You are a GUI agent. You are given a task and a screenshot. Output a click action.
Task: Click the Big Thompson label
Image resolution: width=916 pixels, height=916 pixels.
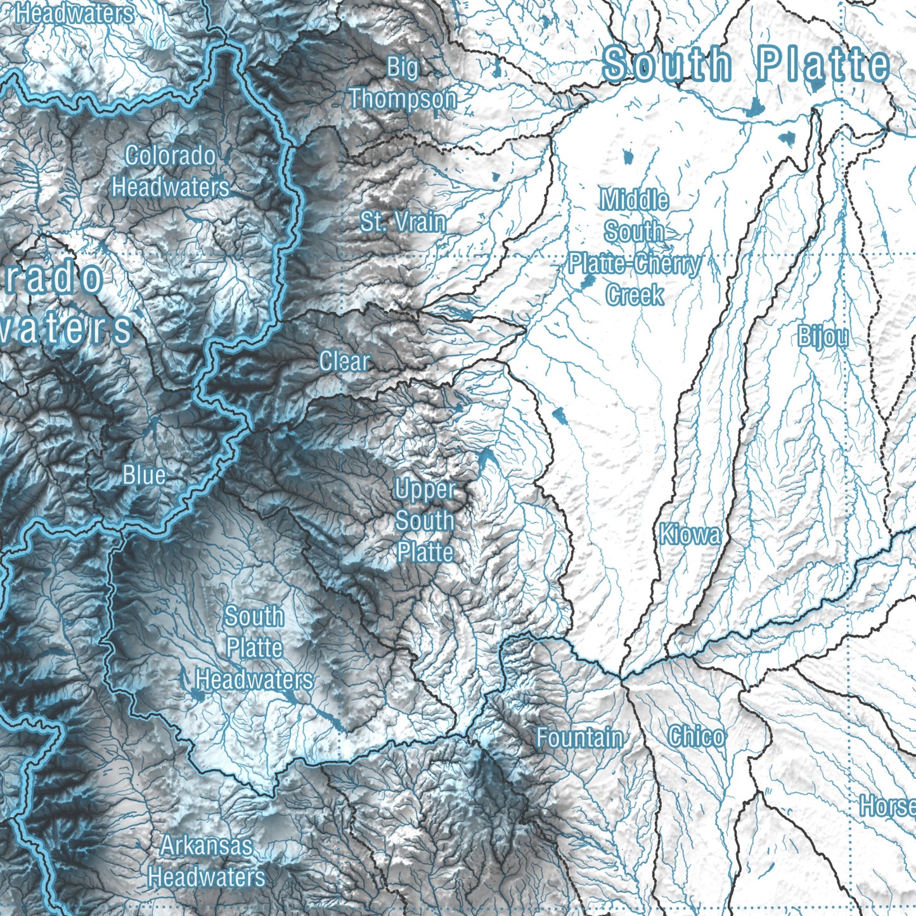[x=403, y=83]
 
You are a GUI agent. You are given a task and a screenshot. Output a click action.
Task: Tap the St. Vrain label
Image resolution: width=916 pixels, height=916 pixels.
[x=403, y=222]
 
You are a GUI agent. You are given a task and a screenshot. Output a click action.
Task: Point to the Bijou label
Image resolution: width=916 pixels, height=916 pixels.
[x=823, y=337]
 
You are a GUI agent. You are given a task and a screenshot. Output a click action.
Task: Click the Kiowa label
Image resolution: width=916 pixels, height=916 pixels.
[x=690, y=534]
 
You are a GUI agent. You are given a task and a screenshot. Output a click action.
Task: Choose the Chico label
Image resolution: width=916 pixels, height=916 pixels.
[x=696, y=737]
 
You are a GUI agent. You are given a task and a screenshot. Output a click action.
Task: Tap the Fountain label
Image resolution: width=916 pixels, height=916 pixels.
[x=579, y=737]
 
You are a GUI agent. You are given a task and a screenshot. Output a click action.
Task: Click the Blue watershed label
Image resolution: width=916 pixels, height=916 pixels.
[x=144, y=475]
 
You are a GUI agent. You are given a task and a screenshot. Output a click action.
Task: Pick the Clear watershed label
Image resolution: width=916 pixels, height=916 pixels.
[x=344, y=361]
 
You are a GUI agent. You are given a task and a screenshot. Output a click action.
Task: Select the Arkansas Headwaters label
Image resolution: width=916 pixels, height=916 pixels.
[x=207, y=861]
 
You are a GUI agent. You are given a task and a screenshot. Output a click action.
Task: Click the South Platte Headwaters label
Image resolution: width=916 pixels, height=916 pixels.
[x=254, y=647]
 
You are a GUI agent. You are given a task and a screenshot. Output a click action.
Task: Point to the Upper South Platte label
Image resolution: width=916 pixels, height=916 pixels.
[x=425, y=520]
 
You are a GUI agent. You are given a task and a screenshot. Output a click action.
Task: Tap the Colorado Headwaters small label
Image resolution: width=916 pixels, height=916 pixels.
[x=171, y=171]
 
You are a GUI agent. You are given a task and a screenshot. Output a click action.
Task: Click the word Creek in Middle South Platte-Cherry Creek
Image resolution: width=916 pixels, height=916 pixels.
[x=635, y=295]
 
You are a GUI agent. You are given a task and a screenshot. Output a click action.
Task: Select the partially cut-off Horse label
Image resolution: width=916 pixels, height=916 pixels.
[x=887, y=806]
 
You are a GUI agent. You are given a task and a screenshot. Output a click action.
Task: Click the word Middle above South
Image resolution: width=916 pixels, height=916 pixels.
[x=635, y=200]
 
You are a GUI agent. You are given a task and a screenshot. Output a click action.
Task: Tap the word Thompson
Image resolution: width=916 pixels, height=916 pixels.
[x=403, y=99]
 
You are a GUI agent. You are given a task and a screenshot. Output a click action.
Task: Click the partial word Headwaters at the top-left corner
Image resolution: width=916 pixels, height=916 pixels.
[x=75, y=13]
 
